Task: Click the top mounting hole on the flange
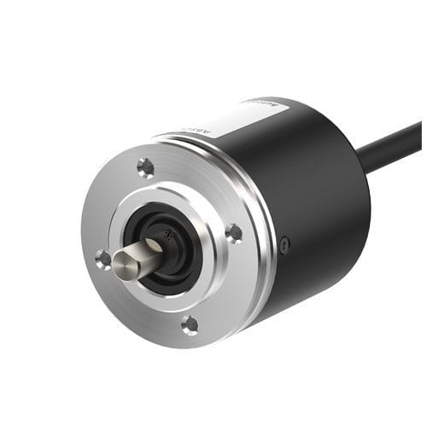click(x=146, y=166)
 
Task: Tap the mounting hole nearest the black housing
click(x=233, y=231)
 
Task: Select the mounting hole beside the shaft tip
click(x=103, y=259)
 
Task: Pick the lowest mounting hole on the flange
click(x=190, y=324)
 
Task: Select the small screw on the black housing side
click(x=284, y=246)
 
